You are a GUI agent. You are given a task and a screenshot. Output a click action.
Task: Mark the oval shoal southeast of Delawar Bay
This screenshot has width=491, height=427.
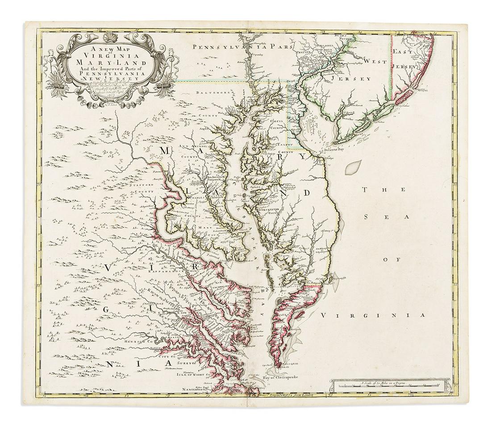click(353, 168)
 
